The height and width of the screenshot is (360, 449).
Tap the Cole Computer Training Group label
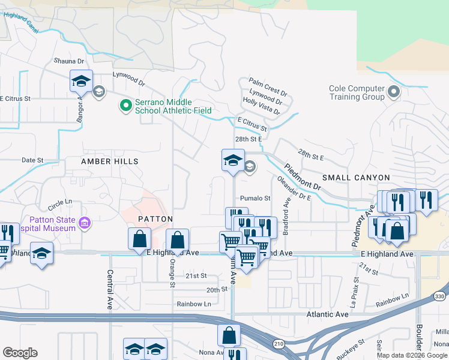click(357, 92)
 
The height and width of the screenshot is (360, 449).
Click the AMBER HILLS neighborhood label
click(110, 161)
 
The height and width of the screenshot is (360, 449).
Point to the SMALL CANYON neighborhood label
click(356, 178)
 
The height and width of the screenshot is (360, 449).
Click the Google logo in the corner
click(20, 352)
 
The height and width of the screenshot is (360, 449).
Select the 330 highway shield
click(439, 296)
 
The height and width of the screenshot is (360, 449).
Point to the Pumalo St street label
click(256, 198)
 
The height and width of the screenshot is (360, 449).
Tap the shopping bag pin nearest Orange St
click(177, 240)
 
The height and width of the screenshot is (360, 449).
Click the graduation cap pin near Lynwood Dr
click(81, 81)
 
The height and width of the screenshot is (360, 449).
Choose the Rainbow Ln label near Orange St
click(194, 304)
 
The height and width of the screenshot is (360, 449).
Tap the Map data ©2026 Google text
click(412, 355)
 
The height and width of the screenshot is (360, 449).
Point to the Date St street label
click(32, 160)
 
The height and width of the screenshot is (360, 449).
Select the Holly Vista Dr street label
click(262, 107)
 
